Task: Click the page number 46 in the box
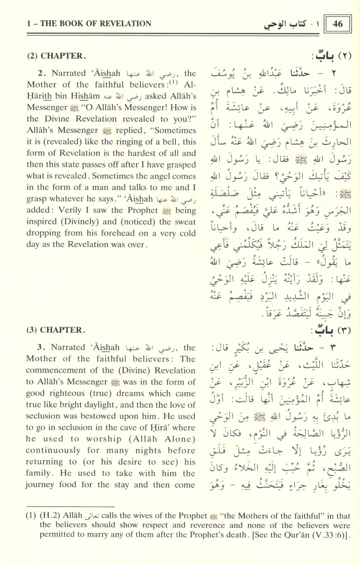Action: (x=338, y=24)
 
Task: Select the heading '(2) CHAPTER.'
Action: (x=57, y=56)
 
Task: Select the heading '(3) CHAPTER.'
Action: (x=56, y=330)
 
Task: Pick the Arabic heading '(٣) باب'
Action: (x=330, y=330)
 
